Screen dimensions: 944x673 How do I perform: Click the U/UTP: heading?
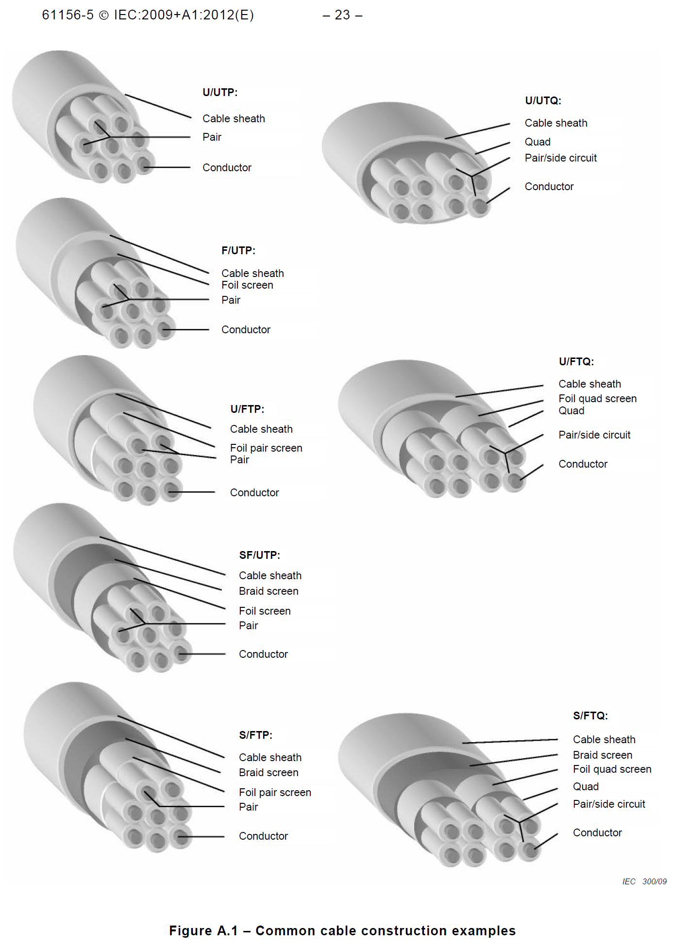[220, 93]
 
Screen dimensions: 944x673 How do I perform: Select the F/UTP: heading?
[238, 251]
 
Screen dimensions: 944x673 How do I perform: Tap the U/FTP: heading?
[247, 409]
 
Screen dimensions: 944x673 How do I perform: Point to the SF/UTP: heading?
[259, 555]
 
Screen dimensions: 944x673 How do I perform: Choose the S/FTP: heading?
[255, 735]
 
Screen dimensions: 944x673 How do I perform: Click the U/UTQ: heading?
[543, 101]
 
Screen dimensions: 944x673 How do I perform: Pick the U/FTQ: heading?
[576, 362]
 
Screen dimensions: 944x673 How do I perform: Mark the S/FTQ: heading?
[590, 716]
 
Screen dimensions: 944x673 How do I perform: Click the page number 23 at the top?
[342, 16]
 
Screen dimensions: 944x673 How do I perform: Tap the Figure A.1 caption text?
[342, 931]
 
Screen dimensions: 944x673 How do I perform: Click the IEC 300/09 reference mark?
[644, 882]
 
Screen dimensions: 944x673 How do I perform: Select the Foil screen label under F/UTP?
[247, 285]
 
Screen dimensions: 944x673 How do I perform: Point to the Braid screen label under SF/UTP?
[269, 591]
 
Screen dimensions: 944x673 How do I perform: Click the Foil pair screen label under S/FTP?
[275, 793]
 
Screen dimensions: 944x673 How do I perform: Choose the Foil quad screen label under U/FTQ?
[597, 399]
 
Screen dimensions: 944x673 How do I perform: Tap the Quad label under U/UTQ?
[538, 142]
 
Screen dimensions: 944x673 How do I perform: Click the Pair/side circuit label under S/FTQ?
[609, 804]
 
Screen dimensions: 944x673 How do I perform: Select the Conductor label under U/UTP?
[227, 168]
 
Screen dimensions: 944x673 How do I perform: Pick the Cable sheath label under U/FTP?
[261, 429]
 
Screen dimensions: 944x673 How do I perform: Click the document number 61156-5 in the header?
[67, 16]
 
